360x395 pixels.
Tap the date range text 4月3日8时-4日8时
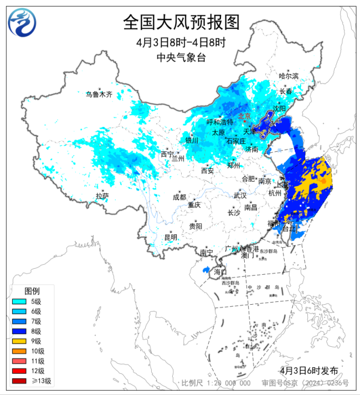click(181, 43)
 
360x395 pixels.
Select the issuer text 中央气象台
click(181, 57)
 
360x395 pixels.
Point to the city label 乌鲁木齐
click(99, 95)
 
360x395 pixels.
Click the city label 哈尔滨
click(289, 76)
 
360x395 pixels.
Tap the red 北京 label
click(245, 116)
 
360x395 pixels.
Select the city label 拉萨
click(102, 196)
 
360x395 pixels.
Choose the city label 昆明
click(171, 237)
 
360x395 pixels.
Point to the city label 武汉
click(240, 196)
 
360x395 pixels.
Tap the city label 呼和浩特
click(219, 122)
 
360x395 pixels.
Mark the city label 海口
click(220, 272)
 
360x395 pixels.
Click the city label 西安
click(208, 171)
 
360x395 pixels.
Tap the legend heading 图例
click(32, 291)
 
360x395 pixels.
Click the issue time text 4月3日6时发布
click(308, 370)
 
